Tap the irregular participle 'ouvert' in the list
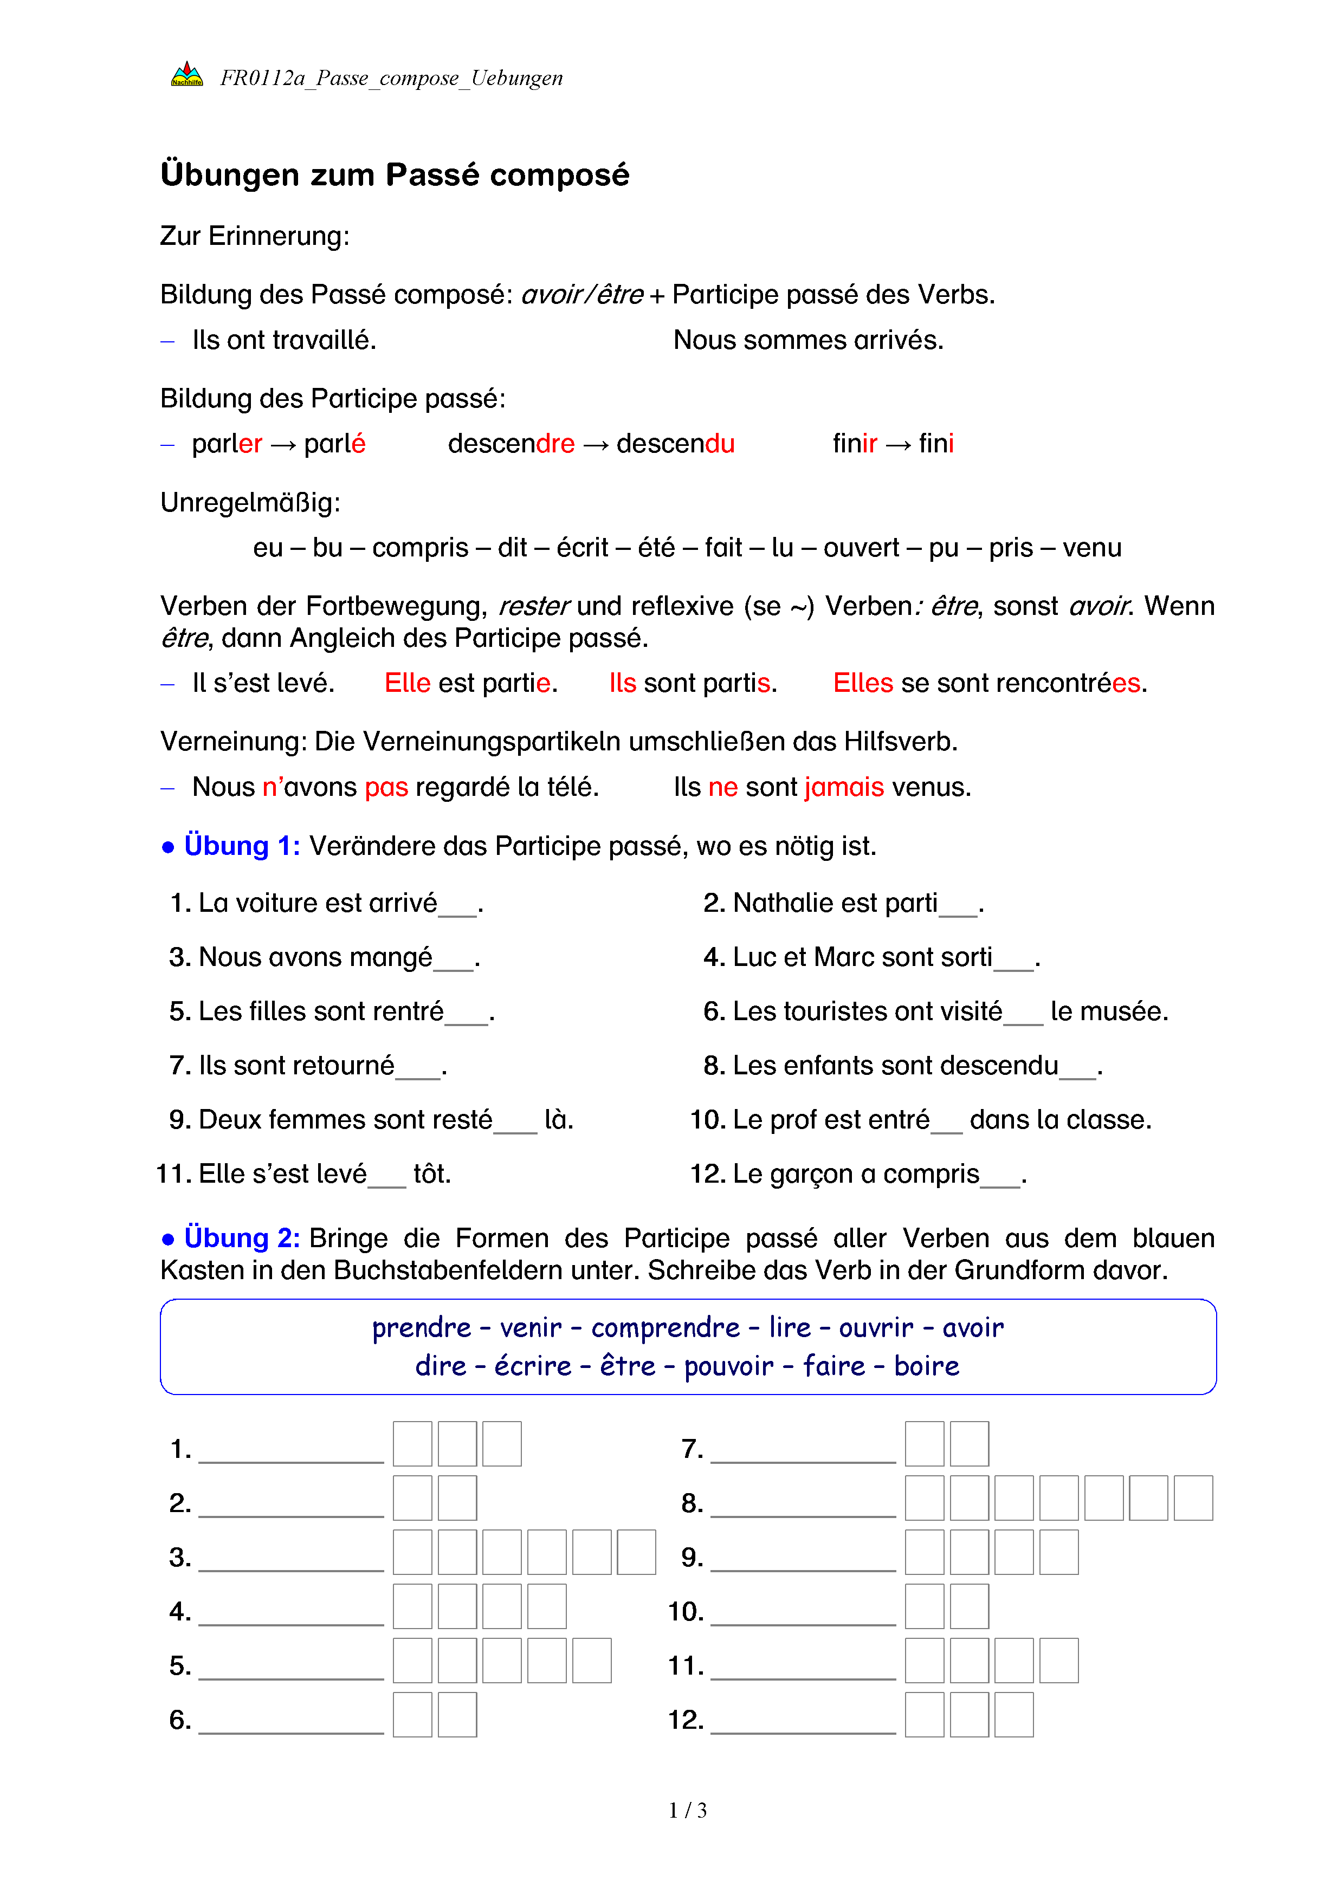[x=861, y=548]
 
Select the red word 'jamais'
[x=843, y=787]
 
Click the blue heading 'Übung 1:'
[x=242, y=846]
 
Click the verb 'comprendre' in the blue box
[x=665, y=1327]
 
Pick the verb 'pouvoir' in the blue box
[x=728, y=1366]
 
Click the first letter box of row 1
[x=412, y=1444]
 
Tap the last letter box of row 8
[x=1193, y=1498]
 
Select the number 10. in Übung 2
[x=686, y=1611]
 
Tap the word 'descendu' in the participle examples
[x=675, y=444]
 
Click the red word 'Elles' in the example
[x=862, y=684]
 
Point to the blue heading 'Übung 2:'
[x=242, y=1238]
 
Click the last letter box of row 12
[x=1014, y=1715]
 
